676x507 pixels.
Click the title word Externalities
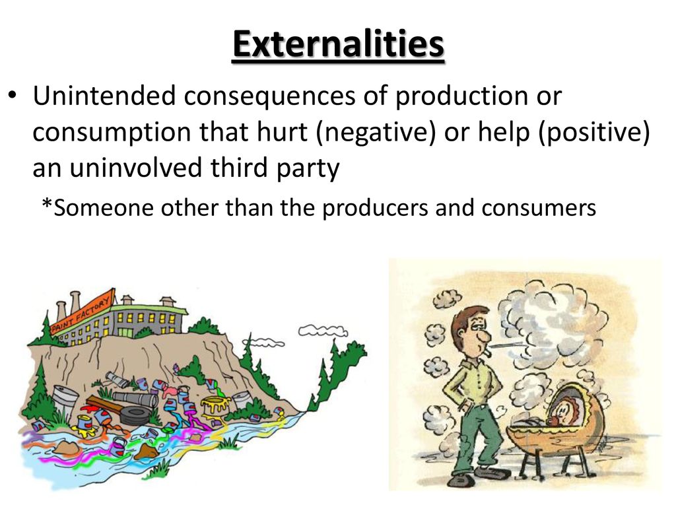(339, 44)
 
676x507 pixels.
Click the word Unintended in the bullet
(104, 95)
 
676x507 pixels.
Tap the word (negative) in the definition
(376, 132)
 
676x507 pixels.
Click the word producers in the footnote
(376, 208)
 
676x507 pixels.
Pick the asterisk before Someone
(47, 203)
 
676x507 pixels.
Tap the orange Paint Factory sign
(83, 312)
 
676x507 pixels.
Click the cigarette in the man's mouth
(487, 355)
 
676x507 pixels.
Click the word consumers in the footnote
(539, 208)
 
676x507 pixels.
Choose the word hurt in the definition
(282, 131)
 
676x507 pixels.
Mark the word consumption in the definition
(112, 133)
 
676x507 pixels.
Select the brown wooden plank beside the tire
(105, 405)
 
